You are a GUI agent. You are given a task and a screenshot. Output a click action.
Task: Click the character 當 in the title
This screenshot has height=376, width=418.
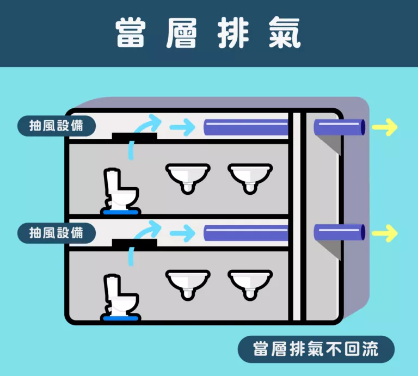point(131,33)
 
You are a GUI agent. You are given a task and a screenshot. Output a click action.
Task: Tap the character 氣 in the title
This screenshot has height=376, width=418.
point(285,33)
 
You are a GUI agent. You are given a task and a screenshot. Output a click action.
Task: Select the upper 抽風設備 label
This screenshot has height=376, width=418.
point(57,126)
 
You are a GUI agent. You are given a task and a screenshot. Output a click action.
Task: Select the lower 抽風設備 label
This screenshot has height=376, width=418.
point(57,233)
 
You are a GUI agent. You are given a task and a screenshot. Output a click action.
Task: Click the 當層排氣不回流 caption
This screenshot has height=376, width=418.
point(316,349)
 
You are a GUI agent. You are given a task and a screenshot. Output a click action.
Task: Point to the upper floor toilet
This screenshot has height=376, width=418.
point(121,192)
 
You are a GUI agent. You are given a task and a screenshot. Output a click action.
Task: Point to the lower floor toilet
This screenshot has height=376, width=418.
point(121,298)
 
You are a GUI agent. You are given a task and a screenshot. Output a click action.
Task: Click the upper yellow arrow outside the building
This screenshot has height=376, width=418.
point(385,127)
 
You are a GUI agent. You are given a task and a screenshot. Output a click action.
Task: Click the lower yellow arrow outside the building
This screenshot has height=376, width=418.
point(385,233)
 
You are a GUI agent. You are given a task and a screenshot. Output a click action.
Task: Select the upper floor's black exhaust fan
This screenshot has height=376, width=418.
point(134,137)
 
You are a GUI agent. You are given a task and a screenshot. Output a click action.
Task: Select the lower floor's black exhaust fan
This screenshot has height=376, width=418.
point(134,243)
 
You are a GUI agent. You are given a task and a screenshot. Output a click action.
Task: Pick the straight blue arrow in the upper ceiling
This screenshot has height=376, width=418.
point(183,127)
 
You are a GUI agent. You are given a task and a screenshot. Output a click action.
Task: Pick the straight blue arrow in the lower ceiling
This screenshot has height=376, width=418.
point(183,233)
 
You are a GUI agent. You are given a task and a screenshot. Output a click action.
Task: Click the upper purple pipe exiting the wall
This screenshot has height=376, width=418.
point(340,127)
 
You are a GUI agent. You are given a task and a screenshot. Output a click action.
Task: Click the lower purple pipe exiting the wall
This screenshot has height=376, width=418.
point(340,232)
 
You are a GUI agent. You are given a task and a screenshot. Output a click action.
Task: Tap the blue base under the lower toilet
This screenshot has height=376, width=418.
point(121,318)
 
